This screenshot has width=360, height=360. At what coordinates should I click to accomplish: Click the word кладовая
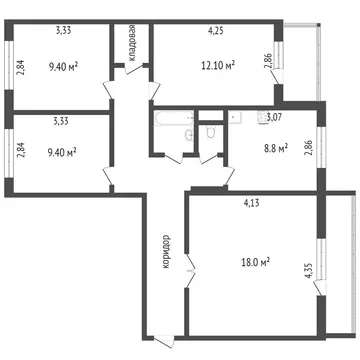(x=131, y=45)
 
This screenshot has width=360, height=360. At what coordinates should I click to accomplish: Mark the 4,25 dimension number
(x=214, y=31)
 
